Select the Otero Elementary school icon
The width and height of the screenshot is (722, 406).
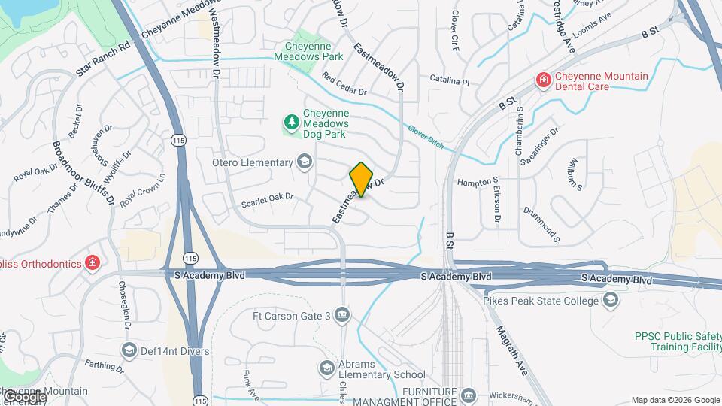(304, 162)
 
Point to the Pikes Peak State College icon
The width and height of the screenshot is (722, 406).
(611, 301)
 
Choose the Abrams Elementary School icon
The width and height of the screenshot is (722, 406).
(326, 368)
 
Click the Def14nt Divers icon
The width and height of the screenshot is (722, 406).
(129, 350)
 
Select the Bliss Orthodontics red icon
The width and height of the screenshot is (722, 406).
(92, 262)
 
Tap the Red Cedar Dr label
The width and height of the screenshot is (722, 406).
(344, 84)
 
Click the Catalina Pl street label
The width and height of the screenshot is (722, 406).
(449, 79)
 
